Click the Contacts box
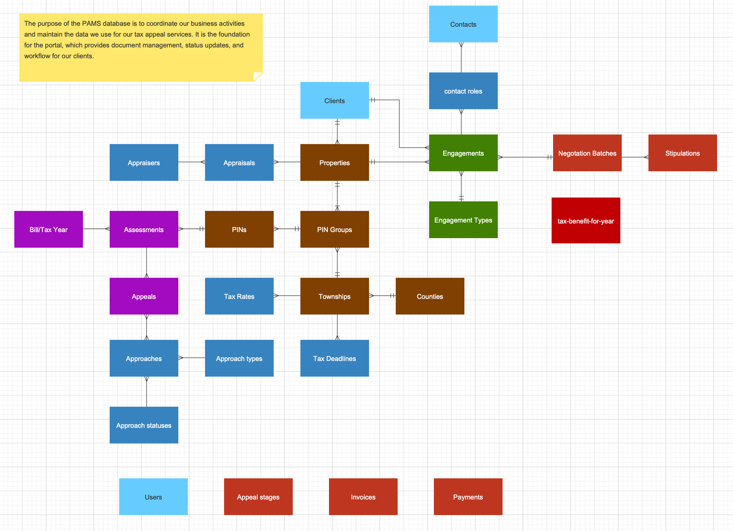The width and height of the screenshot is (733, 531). tap(463, 24)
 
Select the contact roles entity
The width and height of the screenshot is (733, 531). tap(463, 91)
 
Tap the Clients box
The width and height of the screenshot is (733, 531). tap(334, 100)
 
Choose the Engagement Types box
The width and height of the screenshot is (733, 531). tap(463, 220)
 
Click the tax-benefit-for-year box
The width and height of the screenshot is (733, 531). tap(586, 221)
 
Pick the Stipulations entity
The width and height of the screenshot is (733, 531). tap(682, 153)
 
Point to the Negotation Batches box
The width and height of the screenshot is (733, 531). tap(587, 153)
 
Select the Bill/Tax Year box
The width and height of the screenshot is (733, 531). tap(49, 229)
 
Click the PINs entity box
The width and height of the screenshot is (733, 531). tap(239, 229)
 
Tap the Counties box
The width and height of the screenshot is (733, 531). tap(430, 296)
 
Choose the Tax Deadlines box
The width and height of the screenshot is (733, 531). tap(334, 358)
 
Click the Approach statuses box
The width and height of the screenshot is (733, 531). tap(144, 425)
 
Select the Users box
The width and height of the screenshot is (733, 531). tap(153, 497)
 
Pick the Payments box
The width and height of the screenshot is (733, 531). tap(468, 497)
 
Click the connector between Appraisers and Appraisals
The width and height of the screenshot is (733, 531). tap(191, 162)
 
